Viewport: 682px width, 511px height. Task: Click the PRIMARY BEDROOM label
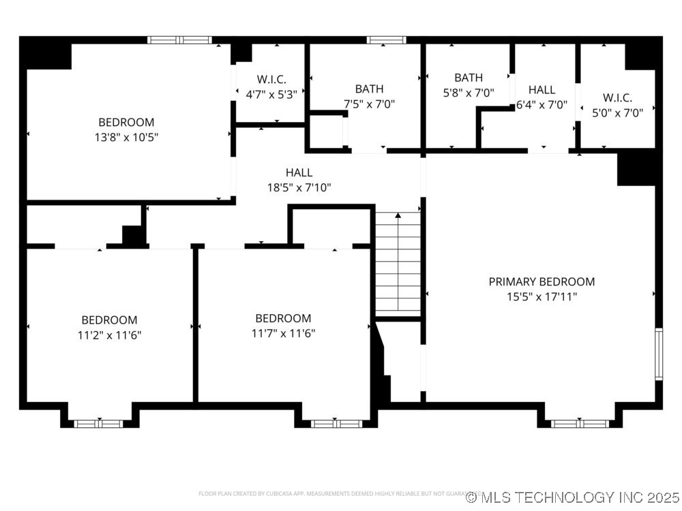click(542, 281)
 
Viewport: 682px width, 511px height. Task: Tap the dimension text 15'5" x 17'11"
click(542, 296)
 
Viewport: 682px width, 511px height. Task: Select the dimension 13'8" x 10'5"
click(126, 137)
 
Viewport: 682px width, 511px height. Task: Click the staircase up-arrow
click(398, 216)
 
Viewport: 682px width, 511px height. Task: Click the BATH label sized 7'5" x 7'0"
click(369, 89)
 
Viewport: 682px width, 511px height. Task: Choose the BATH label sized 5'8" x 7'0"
click(469, 78)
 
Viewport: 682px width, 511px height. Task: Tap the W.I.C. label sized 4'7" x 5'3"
click(271, 80)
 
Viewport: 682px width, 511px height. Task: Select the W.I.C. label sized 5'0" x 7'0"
click(617, 97)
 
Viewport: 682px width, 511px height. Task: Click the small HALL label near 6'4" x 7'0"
click(542, 89)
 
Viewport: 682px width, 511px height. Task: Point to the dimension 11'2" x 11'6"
click(109, 335)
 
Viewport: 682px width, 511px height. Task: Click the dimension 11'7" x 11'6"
click(283, 333)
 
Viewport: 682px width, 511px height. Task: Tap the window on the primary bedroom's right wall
click(659, 354)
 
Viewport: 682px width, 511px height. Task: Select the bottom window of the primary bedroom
click(579, 423)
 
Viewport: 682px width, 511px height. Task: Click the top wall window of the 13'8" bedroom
click(180, 40)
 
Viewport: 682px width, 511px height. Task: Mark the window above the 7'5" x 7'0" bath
click(387, 40)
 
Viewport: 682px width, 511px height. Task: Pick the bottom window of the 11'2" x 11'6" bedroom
click(98, 423)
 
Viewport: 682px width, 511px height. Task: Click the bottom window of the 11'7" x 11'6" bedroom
click(336, 423)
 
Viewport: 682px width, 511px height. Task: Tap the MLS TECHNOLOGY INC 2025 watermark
click(572, 497)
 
